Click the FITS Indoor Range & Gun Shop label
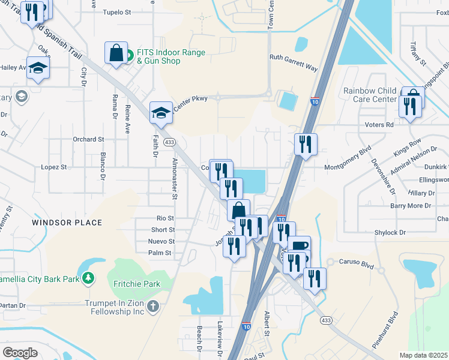[x=170, y=56]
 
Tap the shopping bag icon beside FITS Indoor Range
[x=116, y=53]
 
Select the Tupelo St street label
[x=133, y=12]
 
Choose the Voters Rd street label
[x=379, y=124]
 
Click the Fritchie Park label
[x=128, y=283]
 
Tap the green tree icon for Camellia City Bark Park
[x=88, y=277]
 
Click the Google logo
[x=20, y=353]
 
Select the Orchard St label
[x=88, y=139]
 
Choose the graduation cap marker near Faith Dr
[x=161, y=112]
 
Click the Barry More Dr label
[x=411, y=206]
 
